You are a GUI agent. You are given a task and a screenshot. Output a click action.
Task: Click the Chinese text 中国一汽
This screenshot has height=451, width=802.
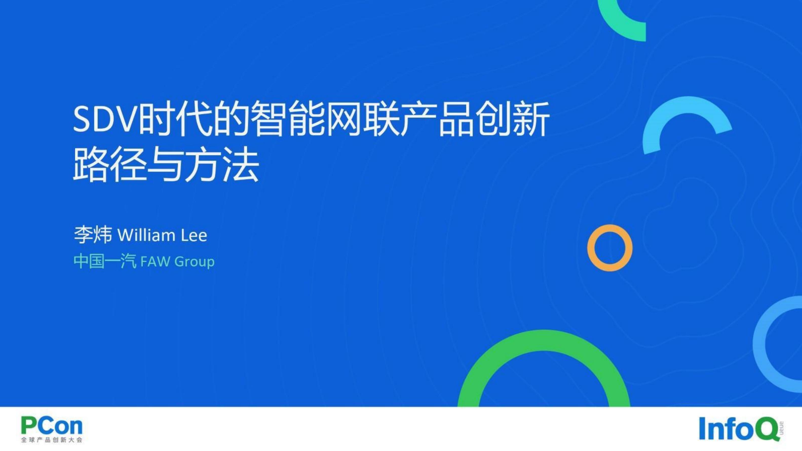[x=105, y=261]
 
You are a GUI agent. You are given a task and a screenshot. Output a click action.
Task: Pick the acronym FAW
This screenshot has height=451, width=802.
[x=155, y=261]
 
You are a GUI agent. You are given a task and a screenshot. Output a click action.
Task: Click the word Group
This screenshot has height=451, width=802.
[x=195, y=261]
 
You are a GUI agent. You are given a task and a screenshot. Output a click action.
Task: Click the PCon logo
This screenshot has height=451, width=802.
[x=52, y=426]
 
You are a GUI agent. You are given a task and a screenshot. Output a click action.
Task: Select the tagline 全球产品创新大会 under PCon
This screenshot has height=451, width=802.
[x=52, y=440]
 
